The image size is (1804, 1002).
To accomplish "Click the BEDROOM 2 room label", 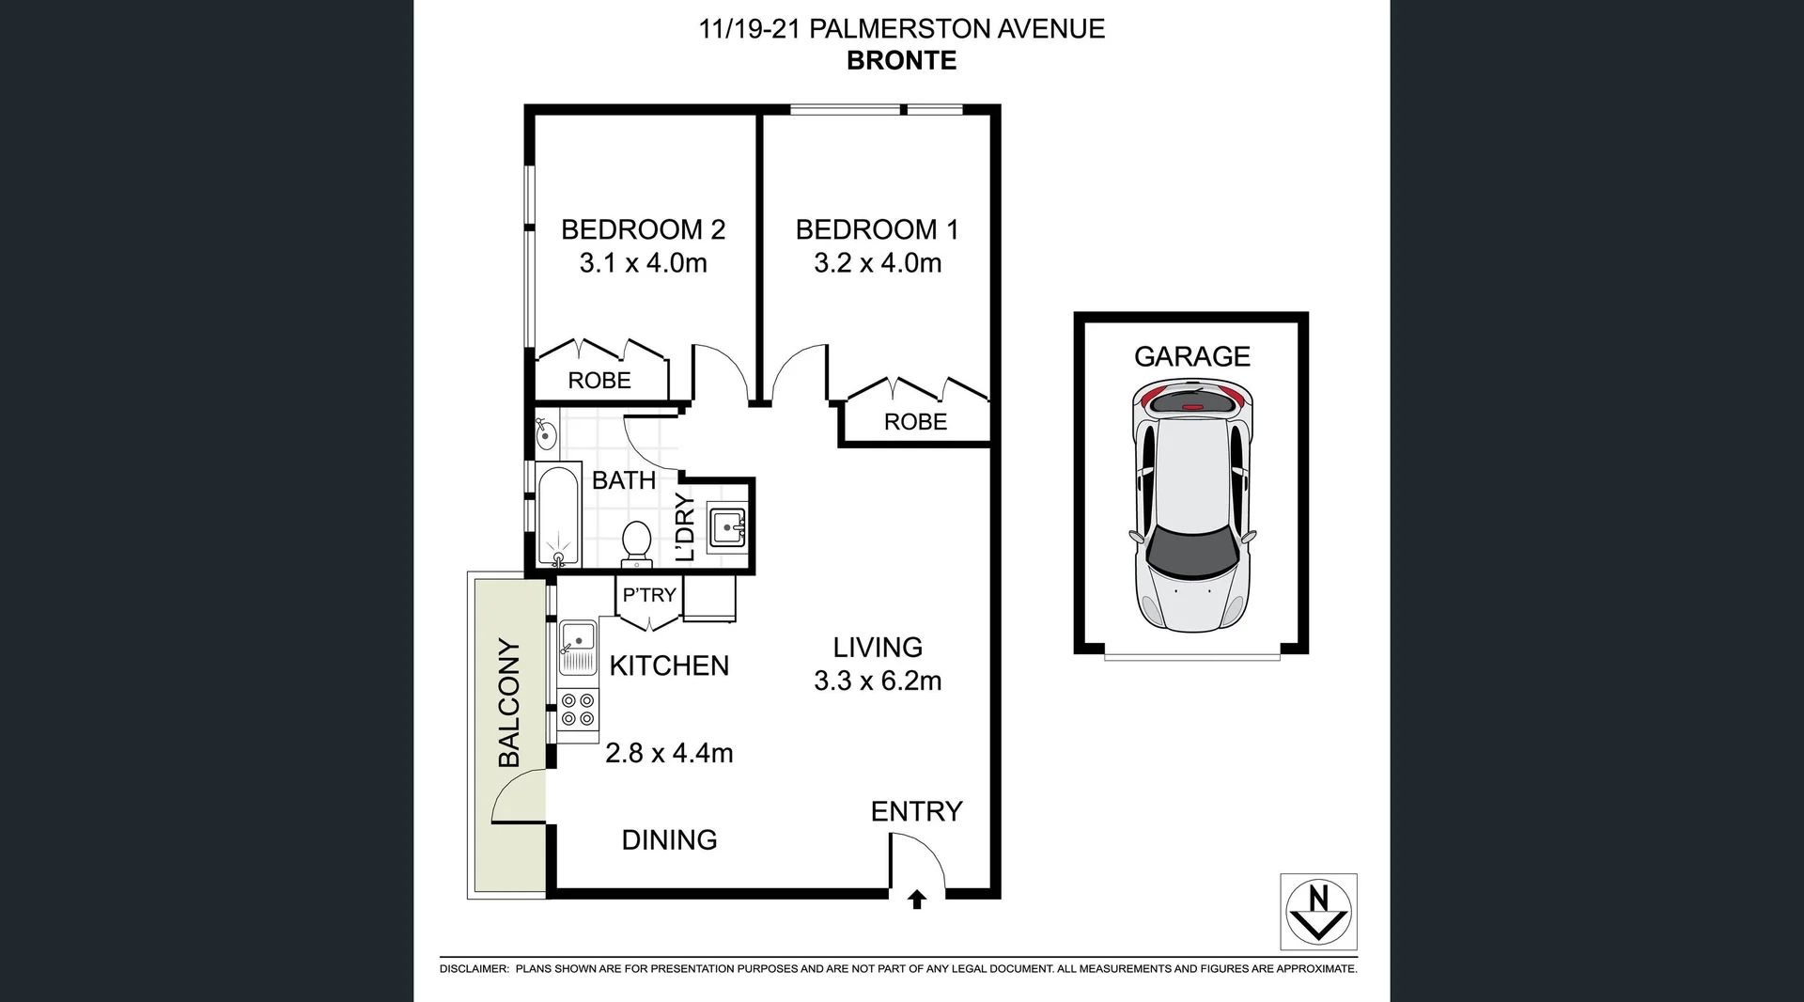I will click(643, 229).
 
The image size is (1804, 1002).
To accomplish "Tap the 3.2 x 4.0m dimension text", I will click(878, 263).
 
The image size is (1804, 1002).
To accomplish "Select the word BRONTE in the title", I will click(901, 60).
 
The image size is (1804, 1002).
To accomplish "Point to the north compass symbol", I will click(1318, 911).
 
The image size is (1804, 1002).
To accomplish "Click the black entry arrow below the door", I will click(917, 900).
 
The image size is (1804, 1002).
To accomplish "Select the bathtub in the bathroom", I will click(558, 517).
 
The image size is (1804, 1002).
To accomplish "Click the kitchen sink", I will click(577, 639).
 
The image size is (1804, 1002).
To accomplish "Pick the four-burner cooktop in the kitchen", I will click(577, 710).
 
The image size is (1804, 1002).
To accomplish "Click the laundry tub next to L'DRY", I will click(727, 527).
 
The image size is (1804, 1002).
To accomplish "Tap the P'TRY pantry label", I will click(649, 595).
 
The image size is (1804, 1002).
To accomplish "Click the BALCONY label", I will click(508, 703).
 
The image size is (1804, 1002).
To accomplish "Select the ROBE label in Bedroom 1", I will click(915, 422).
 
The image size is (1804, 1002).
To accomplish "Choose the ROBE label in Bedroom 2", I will click(599, 381).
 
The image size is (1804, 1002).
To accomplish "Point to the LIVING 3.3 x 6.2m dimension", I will click(878, 681).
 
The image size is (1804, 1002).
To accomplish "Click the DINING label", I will click(669, 839).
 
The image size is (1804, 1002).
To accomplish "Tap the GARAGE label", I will click(1191, 356).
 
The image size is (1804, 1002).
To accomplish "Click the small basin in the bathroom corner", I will click(546, 434).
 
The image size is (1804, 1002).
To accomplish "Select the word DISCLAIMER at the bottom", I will click(474, 969).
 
